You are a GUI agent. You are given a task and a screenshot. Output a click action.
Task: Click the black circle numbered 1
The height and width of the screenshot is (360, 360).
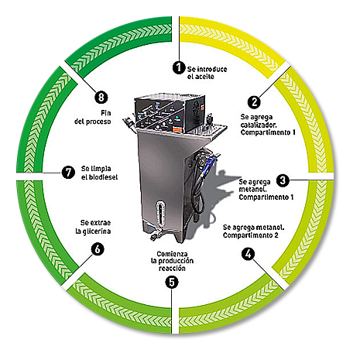(x=179, y=67)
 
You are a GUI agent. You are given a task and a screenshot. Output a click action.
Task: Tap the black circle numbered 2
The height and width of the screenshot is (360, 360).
(x=254, y=102)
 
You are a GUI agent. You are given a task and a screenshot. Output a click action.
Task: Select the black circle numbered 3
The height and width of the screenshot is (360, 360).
(x=283, y=180)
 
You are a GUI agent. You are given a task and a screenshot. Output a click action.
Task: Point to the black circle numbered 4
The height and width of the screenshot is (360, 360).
(x=248, y=254)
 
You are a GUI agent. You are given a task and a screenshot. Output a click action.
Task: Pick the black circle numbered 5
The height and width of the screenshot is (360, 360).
(x=172, y=282)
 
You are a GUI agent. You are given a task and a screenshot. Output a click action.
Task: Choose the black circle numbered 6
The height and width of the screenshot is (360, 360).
(x=98, y=249)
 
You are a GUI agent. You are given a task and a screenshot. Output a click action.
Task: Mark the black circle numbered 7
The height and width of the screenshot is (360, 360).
(x=68, y=172)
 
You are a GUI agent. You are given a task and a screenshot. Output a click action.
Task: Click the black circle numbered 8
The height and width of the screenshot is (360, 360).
(x=101, y=98)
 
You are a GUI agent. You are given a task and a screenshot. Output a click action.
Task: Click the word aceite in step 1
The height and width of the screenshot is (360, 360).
(x=204, y=77)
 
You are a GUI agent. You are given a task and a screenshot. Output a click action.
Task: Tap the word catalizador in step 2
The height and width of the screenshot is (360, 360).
(x=259, y=125)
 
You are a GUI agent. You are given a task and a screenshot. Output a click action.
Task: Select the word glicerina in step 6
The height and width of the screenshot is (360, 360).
(x=97, y=231)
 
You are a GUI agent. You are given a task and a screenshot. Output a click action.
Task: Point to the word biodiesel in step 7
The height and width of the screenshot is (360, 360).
(x=103, y=177)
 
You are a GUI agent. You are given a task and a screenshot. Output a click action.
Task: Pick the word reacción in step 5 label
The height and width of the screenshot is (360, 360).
(x=172, y=269)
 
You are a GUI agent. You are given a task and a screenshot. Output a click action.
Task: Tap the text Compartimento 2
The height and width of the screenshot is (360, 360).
(x=251, y=235)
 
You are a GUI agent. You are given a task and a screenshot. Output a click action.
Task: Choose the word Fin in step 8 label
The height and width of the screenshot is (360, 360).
(x=106, y=113)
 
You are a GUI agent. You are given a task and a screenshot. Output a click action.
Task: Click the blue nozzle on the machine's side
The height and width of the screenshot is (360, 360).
(x=209, y=165)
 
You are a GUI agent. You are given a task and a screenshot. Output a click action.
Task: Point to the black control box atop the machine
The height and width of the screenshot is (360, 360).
(x=170, y=113)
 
